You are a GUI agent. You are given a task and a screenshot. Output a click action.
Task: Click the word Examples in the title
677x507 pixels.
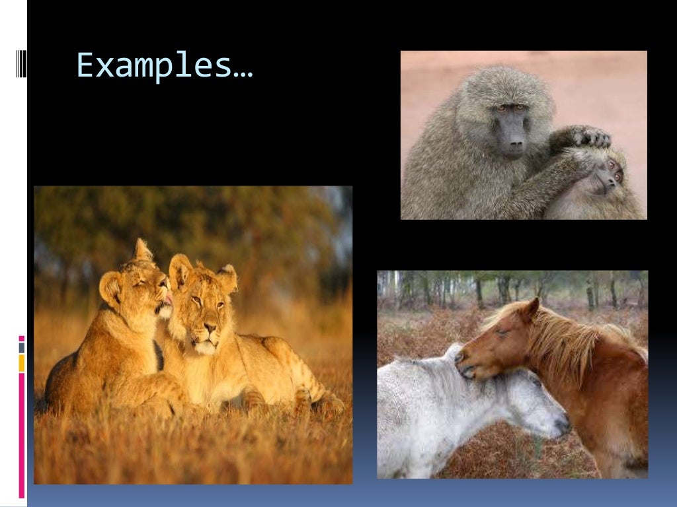click(x=154, y=66)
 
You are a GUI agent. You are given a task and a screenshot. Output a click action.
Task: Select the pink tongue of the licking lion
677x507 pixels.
click(x=169, y=298)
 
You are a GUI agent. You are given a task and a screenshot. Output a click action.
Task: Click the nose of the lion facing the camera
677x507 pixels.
click(x=210, y=327)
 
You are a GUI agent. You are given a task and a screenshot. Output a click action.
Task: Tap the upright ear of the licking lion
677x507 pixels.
click(x=142, y=251)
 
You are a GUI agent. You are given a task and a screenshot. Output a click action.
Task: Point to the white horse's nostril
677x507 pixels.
click(x=561, y=423)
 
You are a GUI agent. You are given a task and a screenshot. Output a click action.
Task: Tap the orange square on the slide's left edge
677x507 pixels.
click(x=22, y=362)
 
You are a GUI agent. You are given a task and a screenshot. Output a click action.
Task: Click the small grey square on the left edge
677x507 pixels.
click(x=22, y=347)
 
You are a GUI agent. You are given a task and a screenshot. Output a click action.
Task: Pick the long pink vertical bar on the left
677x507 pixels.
click(x=22, y=436)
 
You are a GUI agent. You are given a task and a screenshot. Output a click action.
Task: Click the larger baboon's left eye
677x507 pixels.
click(x=502, y=108)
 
